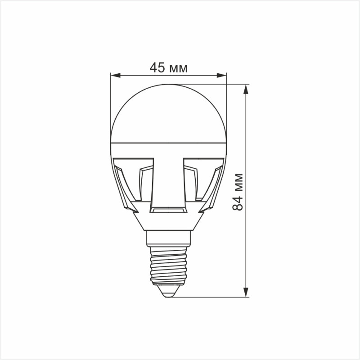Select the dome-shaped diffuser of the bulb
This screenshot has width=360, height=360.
point(168,112)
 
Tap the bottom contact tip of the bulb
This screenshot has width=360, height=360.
point(168,292)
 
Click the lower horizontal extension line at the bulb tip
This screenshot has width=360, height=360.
point(211,297)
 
